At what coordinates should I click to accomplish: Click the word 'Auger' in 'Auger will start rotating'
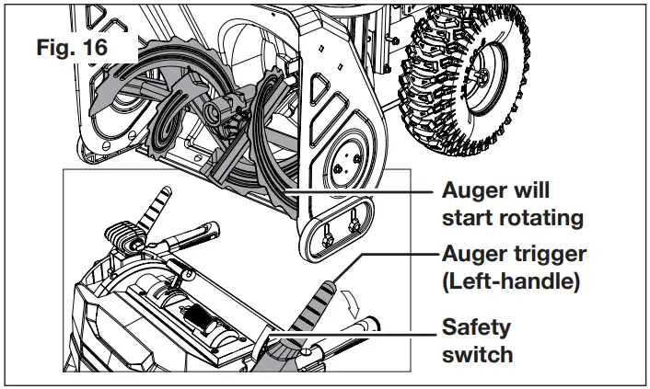click(x=474, y=191)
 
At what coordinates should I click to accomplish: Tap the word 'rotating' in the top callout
click(x=542, y=218)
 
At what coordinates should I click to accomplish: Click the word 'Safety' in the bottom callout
click(x=475, y=326)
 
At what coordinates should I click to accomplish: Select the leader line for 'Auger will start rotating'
click(x=359, y=190)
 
